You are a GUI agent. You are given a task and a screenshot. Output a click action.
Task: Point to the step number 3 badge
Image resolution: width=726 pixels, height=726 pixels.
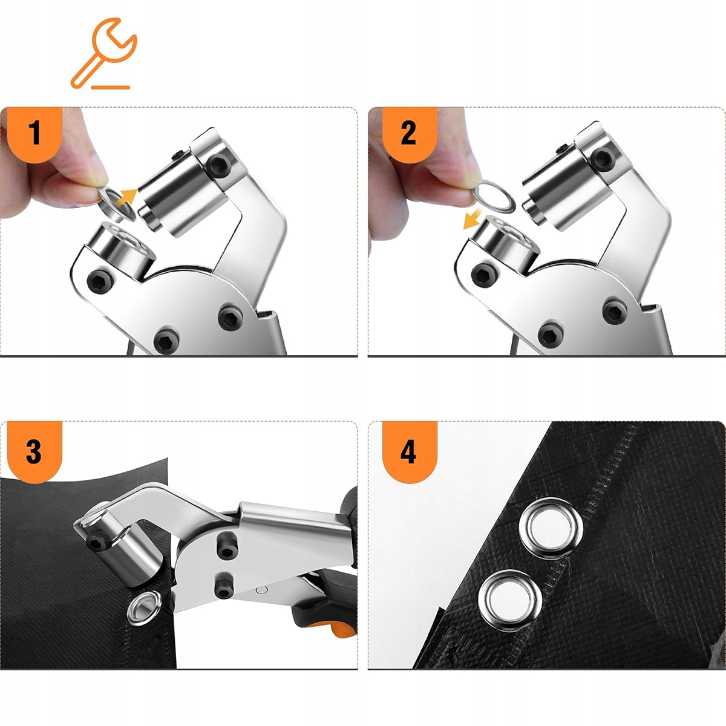(x=34, y=451)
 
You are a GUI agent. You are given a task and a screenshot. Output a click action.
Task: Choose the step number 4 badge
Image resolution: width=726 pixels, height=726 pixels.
(x=410, y=451)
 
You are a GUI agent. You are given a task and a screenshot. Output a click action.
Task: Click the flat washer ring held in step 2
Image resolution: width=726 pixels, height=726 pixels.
(x=494, y=196)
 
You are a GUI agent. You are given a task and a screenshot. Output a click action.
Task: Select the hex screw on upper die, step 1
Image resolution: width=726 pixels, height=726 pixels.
(x=220, y=166)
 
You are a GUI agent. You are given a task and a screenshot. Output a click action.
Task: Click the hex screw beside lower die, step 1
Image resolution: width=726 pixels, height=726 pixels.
(x=100, y=280)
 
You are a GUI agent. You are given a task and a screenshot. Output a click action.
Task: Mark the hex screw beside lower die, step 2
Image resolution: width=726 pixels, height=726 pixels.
(x=484, y=275)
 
